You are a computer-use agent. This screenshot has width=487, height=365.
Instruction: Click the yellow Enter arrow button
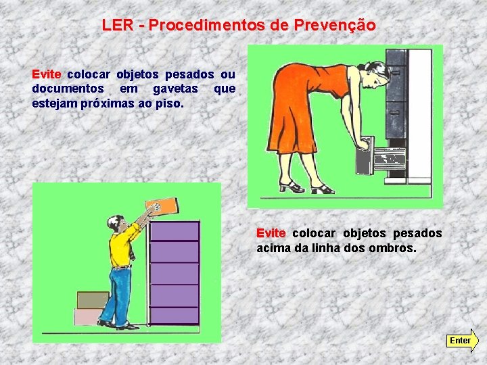pos(462,341)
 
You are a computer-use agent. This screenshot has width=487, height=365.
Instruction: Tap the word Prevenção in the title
pos(335,26)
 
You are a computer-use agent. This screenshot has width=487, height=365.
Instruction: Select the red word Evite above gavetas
pos(47,74)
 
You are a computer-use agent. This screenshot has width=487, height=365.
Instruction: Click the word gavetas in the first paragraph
pos(175,89)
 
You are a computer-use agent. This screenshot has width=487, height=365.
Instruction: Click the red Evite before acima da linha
pos(271,233)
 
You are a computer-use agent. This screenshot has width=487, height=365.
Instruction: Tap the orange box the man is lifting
pos(162,205)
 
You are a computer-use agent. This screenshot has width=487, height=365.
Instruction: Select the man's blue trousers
pos(118,295)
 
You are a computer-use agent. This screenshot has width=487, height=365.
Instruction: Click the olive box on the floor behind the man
pos(93,300)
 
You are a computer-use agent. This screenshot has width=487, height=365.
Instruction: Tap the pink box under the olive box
pos(88,316)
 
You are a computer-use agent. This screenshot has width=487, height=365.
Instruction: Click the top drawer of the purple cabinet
pos(175,231)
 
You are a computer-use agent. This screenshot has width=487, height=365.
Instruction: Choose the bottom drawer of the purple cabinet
pos(175,316)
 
